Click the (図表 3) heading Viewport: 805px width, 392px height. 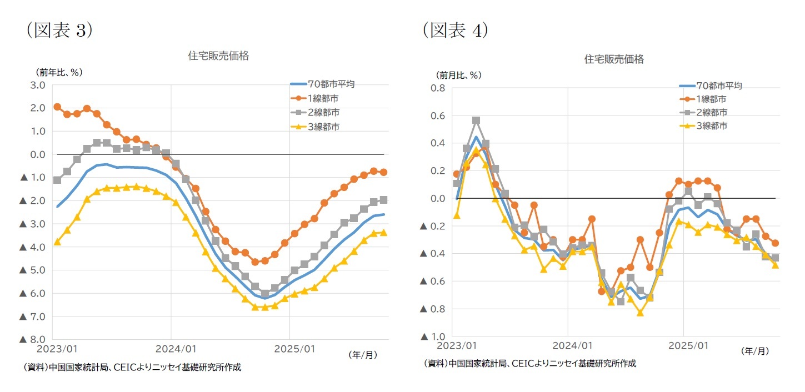59,31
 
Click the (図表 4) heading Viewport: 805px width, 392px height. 454,31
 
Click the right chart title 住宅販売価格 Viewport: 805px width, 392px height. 614,59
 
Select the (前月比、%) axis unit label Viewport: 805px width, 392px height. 458,75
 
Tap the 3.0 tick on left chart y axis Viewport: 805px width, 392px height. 38,85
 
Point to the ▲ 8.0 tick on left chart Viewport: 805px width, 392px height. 32,339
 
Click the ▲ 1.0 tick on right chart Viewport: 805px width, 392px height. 432,336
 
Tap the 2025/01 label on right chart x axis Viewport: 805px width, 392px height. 688,345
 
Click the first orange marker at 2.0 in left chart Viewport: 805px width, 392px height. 57,107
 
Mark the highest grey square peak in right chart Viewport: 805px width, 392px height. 476,120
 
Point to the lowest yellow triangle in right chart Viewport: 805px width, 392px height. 640,313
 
